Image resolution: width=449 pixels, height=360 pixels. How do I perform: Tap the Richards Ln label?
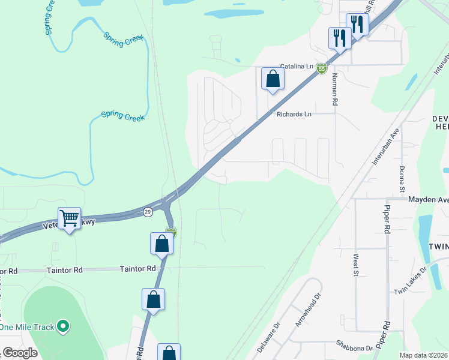pos(294,114)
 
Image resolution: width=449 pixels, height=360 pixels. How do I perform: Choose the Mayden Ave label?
pos(428,199)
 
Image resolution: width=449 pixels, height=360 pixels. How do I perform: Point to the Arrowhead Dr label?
pos(306,309)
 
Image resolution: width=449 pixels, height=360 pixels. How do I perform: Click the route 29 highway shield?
pos(148,211)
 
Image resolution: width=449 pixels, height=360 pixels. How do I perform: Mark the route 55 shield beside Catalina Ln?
pos(322,68)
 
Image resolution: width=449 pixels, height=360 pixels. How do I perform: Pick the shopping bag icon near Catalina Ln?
pos(273,79)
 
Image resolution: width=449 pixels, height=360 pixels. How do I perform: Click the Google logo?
pos(20,353)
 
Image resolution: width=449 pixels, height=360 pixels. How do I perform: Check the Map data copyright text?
pos(424,355)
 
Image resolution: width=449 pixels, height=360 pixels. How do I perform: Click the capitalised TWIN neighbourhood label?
pos(438,247)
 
